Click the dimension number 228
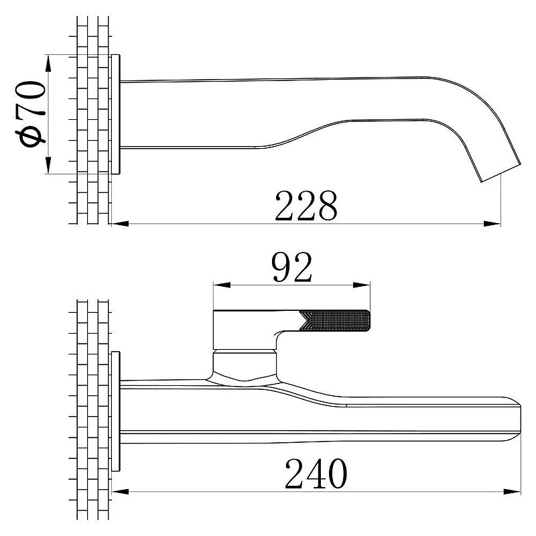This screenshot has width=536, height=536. point(306,206)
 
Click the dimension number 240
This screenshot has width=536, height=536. point(316,474)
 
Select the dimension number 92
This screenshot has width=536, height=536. point(291,267)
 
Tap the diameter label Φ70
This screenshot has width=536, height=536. point(30,114)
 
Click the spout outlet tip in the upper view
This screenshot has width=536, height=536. point(501,173)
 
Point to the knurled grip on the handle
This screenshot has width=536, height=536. point(335,320)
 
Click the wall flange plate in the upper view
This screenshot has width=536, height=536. point(116,114)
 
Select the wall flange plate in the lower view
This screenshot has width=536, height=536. point(116,411)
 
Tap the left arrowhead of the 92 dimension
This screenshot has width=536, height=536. point(222,285)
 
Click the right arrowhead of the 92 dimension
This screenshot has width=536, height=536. point(361,285)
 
